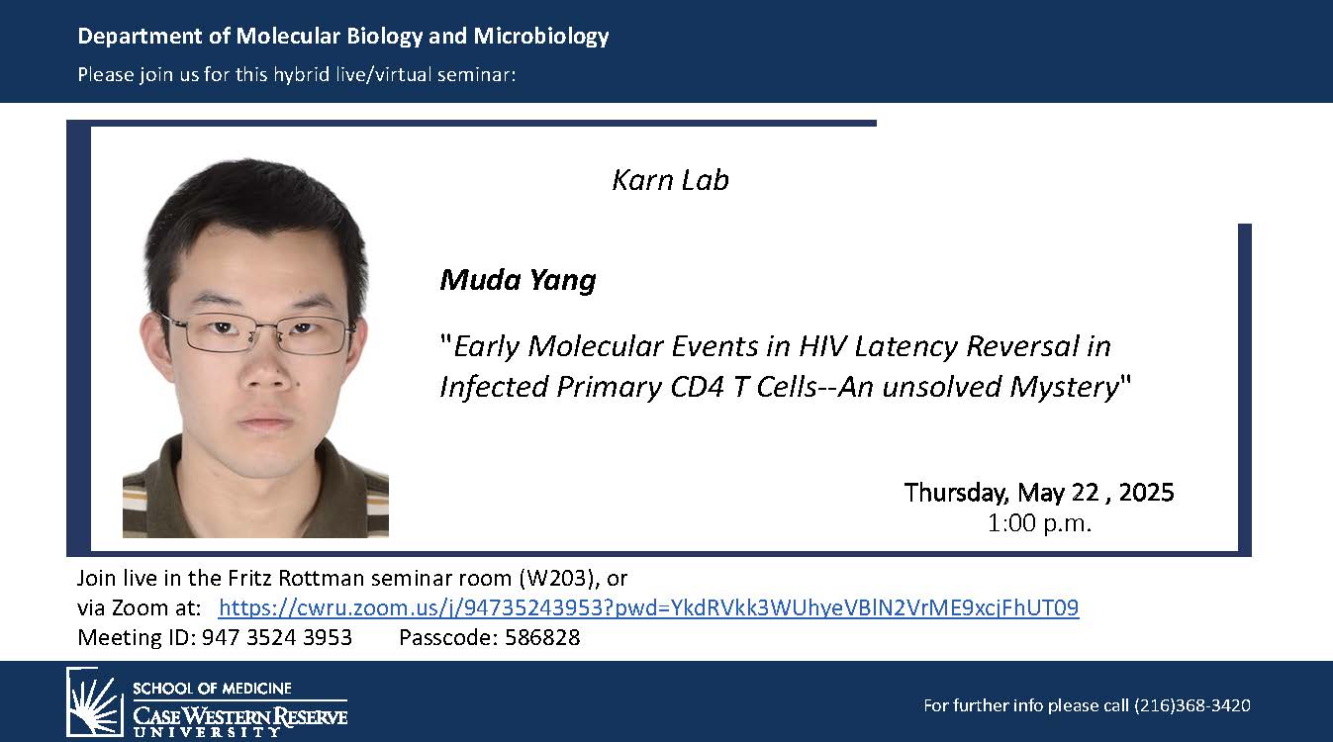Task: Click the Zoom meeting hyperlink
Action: (648, 607)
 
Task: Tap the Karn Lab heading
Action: (670, 180)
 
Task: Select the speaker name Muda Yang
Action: (518, 280)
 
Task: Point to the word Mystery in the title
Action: (1065, 388)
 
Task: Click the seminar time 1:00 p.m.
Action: (1039, 523)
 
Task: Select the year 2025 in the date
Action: (1146, 492)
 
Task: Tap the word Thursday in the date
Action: (956, 494)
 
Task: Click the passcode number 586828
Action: (542, 637)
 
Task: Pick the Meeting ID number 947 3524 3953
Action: (277, 637)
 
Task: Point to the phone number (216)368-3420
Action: (1191, 705)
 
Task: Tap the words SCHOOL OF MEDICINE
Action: (212, 689)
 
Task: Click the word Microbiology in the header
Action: (541, 37)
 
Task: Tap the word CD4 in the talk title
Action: (697, 387)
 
